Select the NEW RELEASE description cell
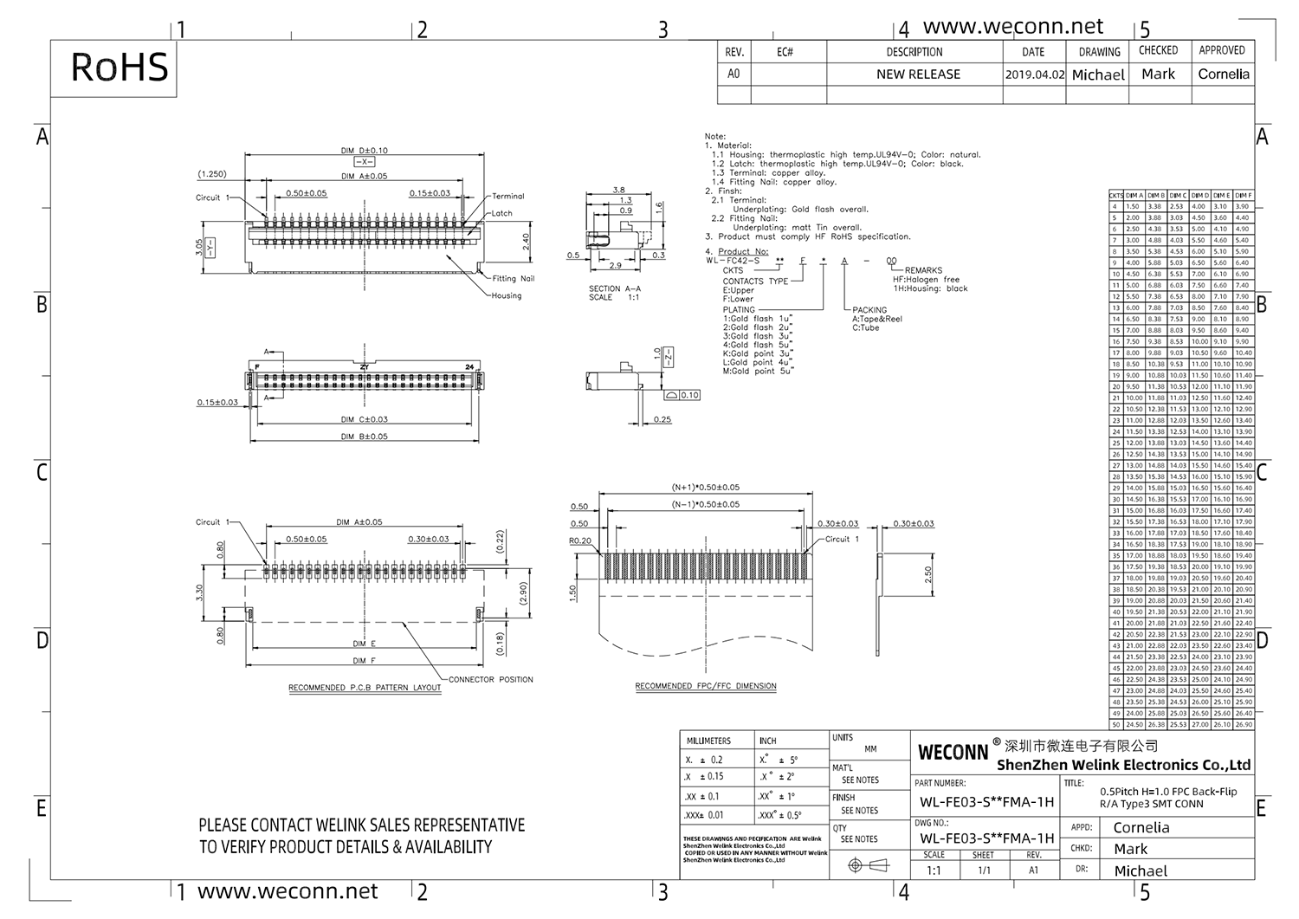coord(917,74)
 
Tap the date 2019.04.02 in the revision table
coord(1034,74)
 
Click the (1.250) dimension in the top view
coord(212,174)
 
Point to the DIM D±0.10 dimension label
coord(364,150)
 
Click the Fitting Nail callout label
coord(514,278)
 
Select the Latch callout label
coord(502,213)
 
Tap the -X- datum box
coord(364,162)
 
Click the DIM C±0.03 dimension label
coord(364,419)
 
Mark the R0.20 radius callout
coord(580,540)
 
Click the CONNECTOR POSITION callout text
coord(491,679)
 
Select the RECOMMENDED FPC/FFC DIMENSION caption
coord(706,686)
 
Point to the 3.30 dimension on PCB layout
coord(200,592)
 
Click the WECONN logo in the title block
coord(953,752)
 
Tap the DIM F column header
coord(1244,196)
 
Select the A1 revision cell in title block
coord(1033,870)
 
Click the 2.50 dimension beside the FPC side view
coord(928,575)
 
